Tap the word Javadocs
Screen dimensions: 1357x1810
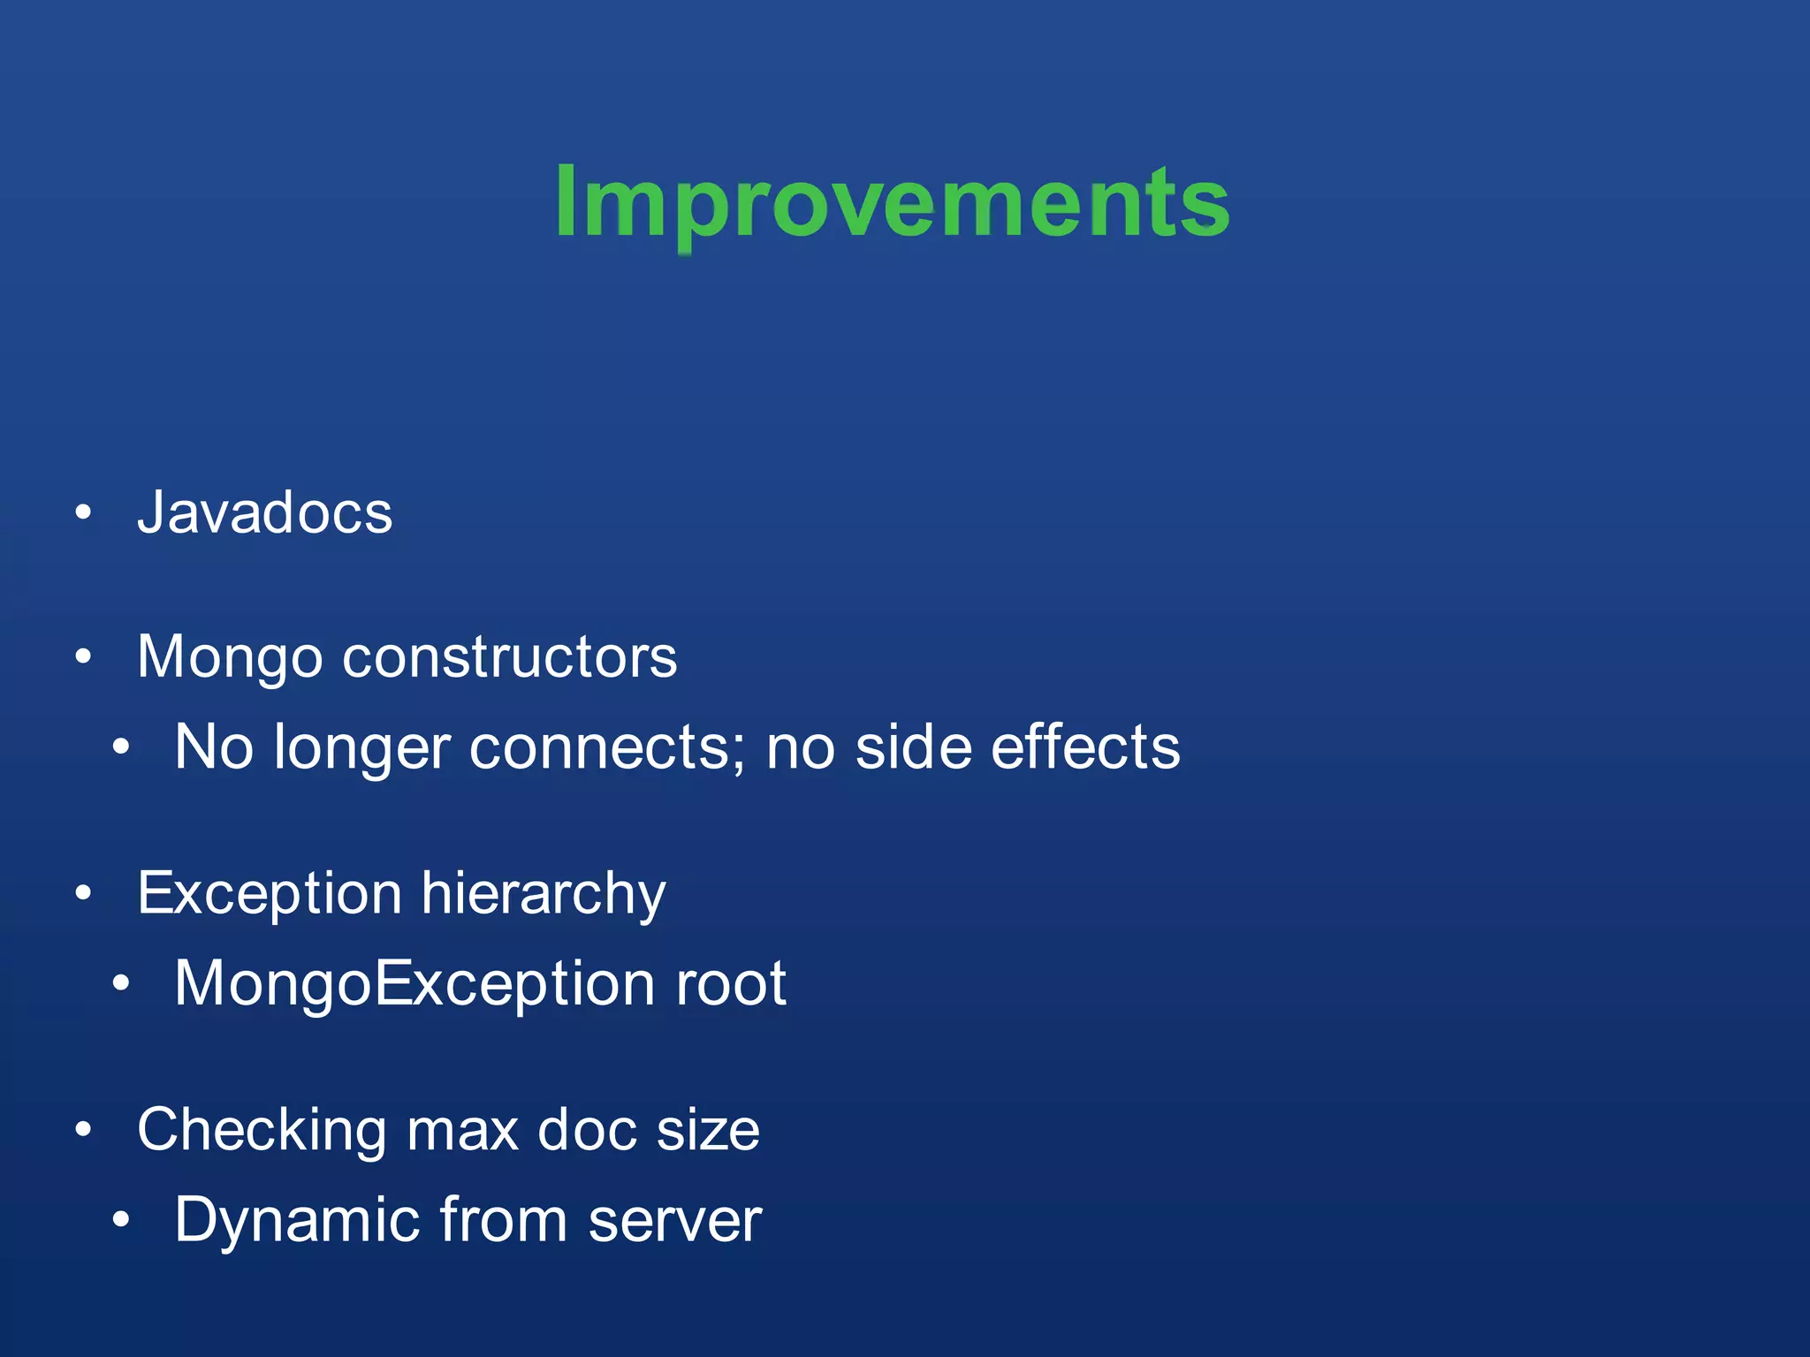[264, 512]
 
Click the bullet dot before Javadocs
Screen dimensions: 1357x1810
[84, 512]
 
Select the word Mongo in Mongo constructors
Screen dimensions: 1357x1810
[230, 658]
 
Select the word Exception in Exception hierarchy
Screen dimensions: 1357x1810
[270, 894]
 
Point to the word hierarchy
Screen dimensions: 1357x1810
[543, 894]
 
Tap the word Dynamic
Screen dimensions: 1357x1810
[296, 1220]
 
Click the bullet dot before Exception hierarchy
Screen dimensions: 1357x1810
[84, 893]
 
